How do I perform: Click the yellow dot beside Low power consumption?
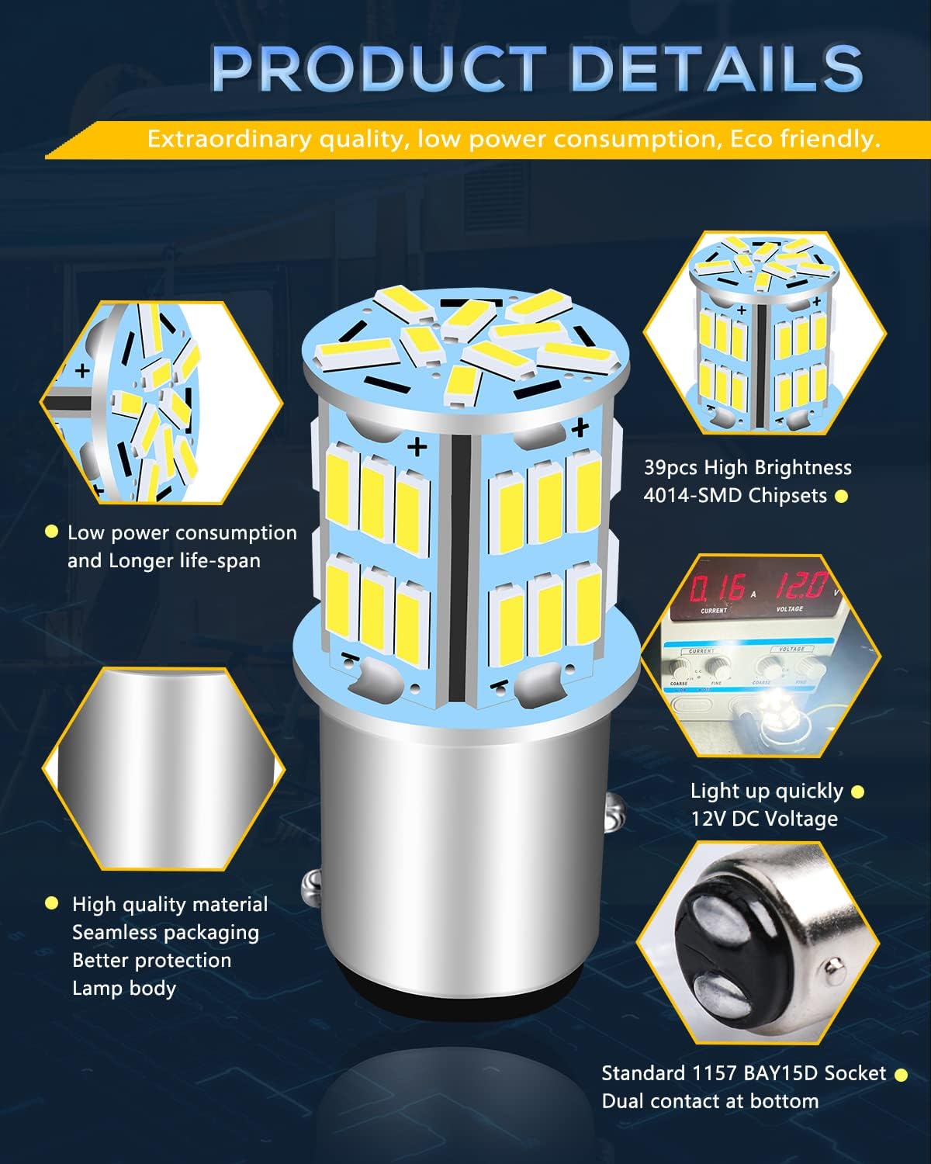coord(51,532)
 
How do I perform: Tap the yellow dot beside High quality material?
coord(51,903)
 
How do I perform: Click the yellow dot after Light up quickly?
coord(857,792)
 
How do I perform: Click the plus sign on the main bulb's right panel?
coord(579,428)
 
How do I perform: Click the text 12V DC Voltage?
coord(764,819)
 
